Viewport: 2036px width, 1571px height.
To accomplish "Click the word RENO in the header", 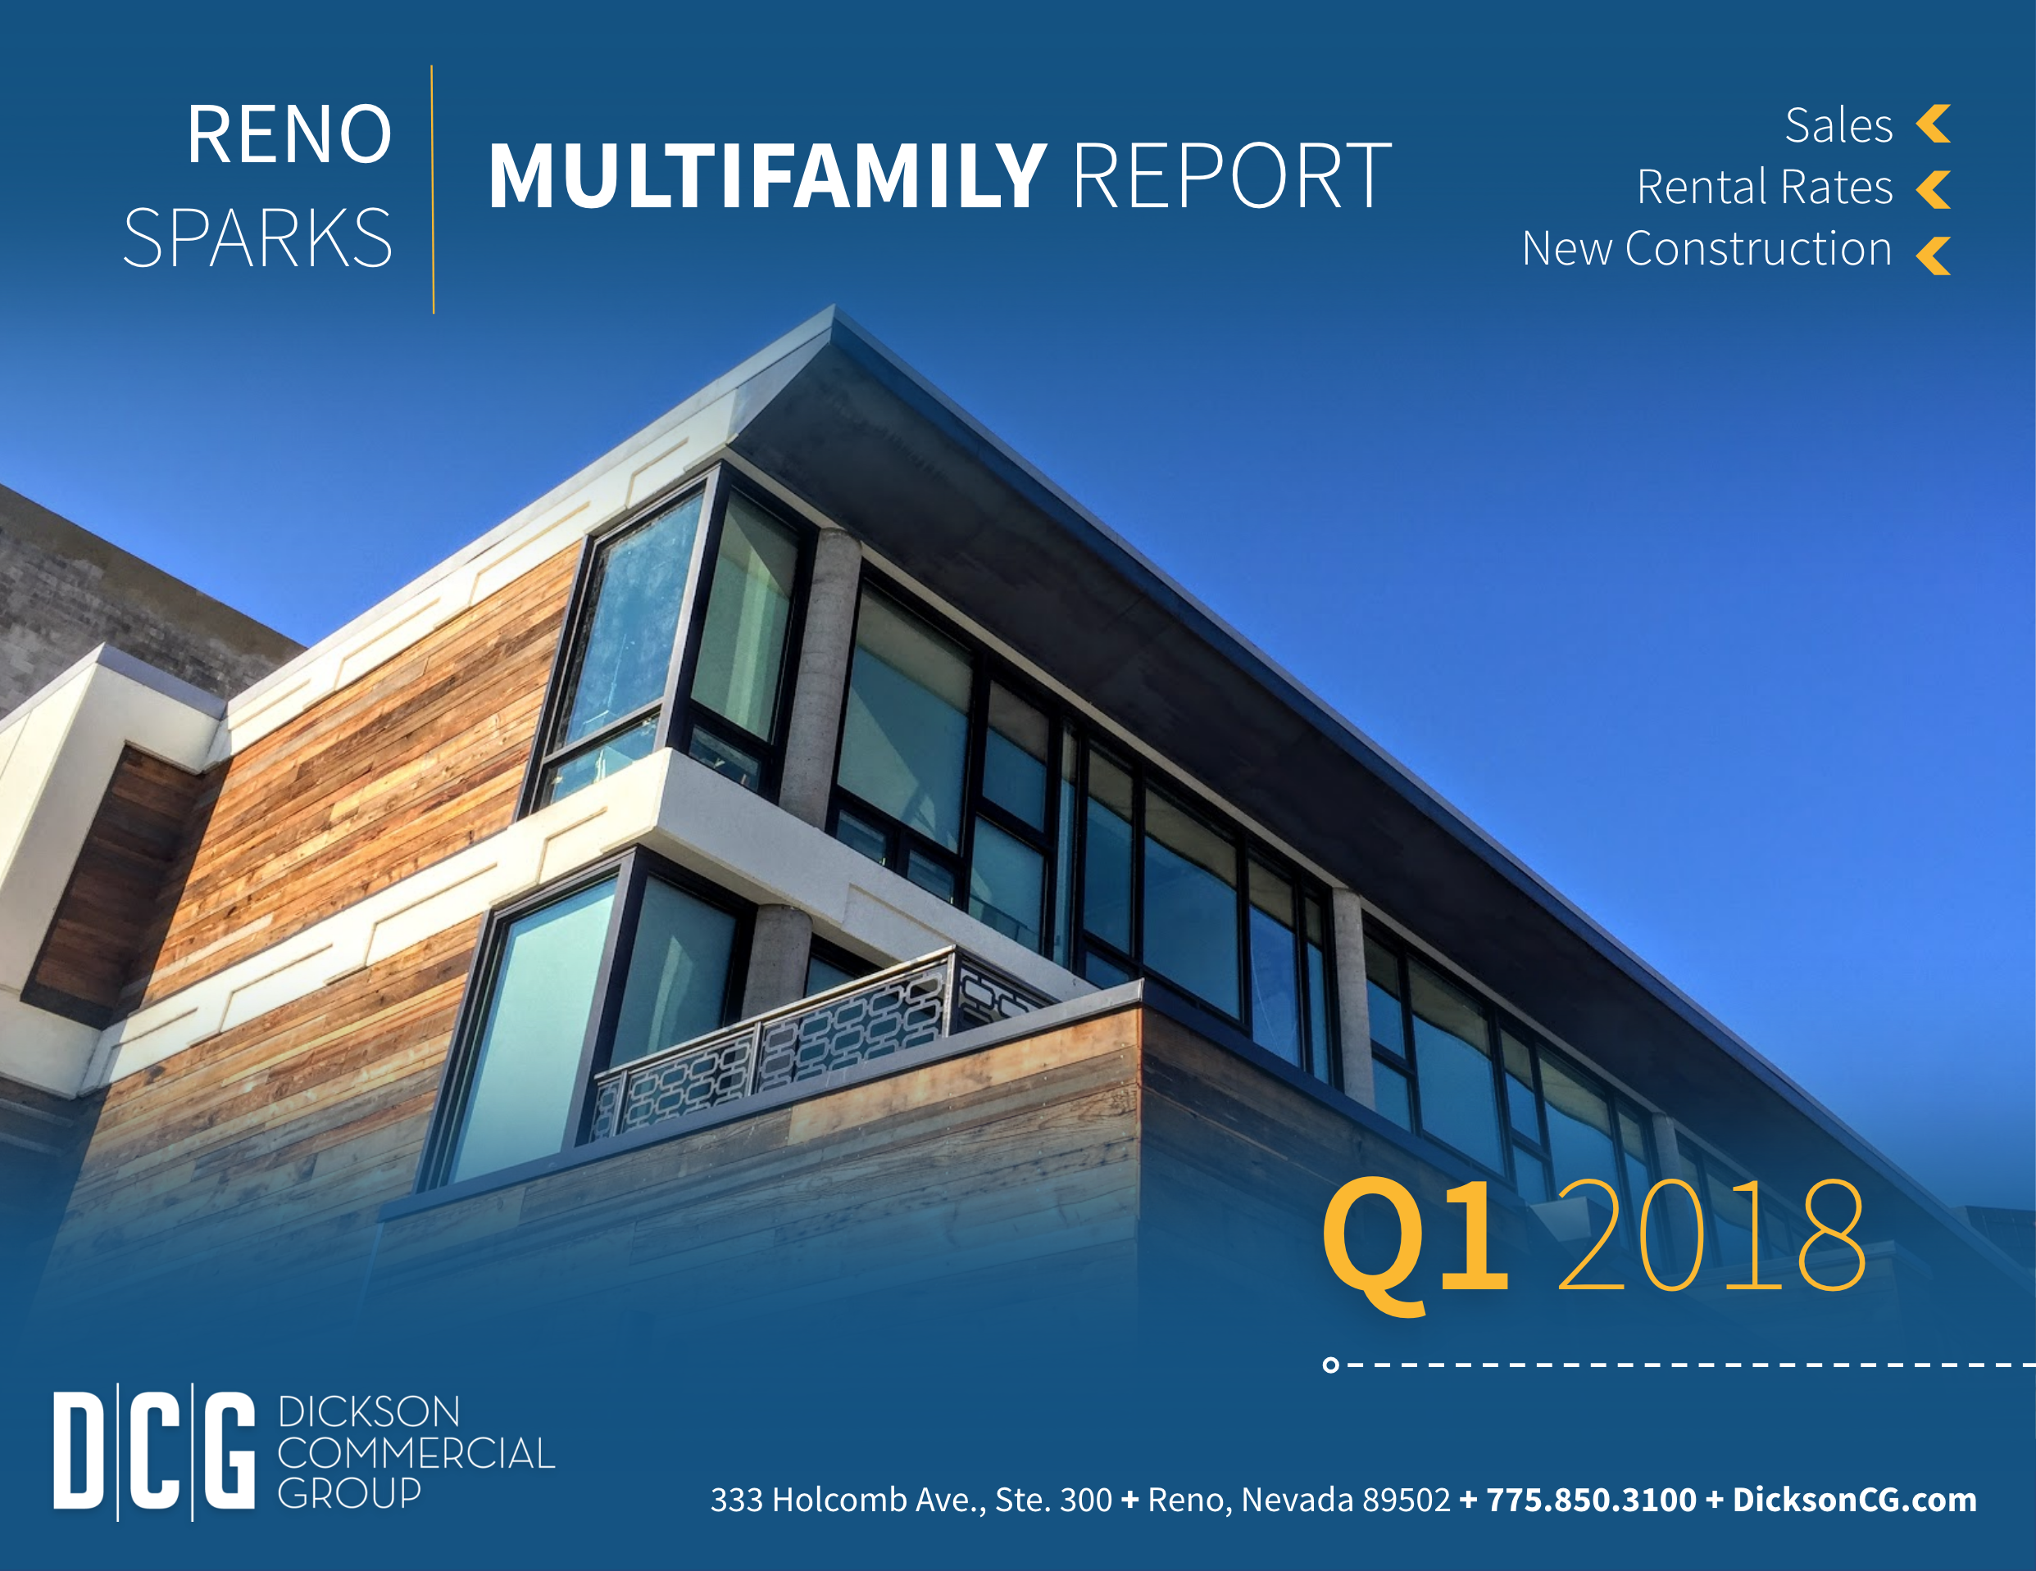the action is (x=289, y=134).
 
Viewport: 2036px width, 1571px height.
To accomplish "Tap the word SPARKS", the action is (x=258, y=238).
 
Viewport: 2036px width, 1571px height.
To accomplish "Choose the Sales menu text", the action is (x=1838, y=126).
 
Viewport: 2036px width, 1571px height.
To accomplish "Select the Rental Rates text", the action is (x=1765, y=188).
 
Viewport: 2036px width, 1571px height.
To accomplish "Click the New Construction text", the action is (x=1707, y=249).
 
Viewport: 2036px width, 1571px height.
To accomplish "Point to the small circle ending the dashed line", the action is (x=1330, y=1365).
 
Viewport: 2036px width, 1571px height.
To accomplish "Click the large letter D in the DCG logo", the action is (x=79, y=1451).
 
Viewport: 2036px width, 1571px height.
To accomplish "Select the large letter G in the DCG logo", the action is (x=230, y=1451).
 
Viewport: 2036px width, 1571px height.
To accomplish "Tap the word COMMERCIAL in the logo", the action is (x=416, y=1454).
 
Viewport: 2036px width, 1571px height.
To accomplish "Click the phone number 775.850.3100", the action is (x=1591, y=1501).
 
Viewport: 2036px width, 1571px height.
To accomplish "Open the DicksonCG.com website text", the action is (x=1854, y=1501).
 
